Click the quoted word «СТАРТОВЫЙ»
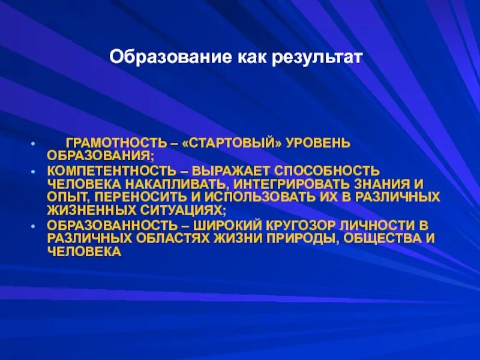[x=223, y=144]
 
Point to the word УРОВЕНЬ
[x=318, y=144]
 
